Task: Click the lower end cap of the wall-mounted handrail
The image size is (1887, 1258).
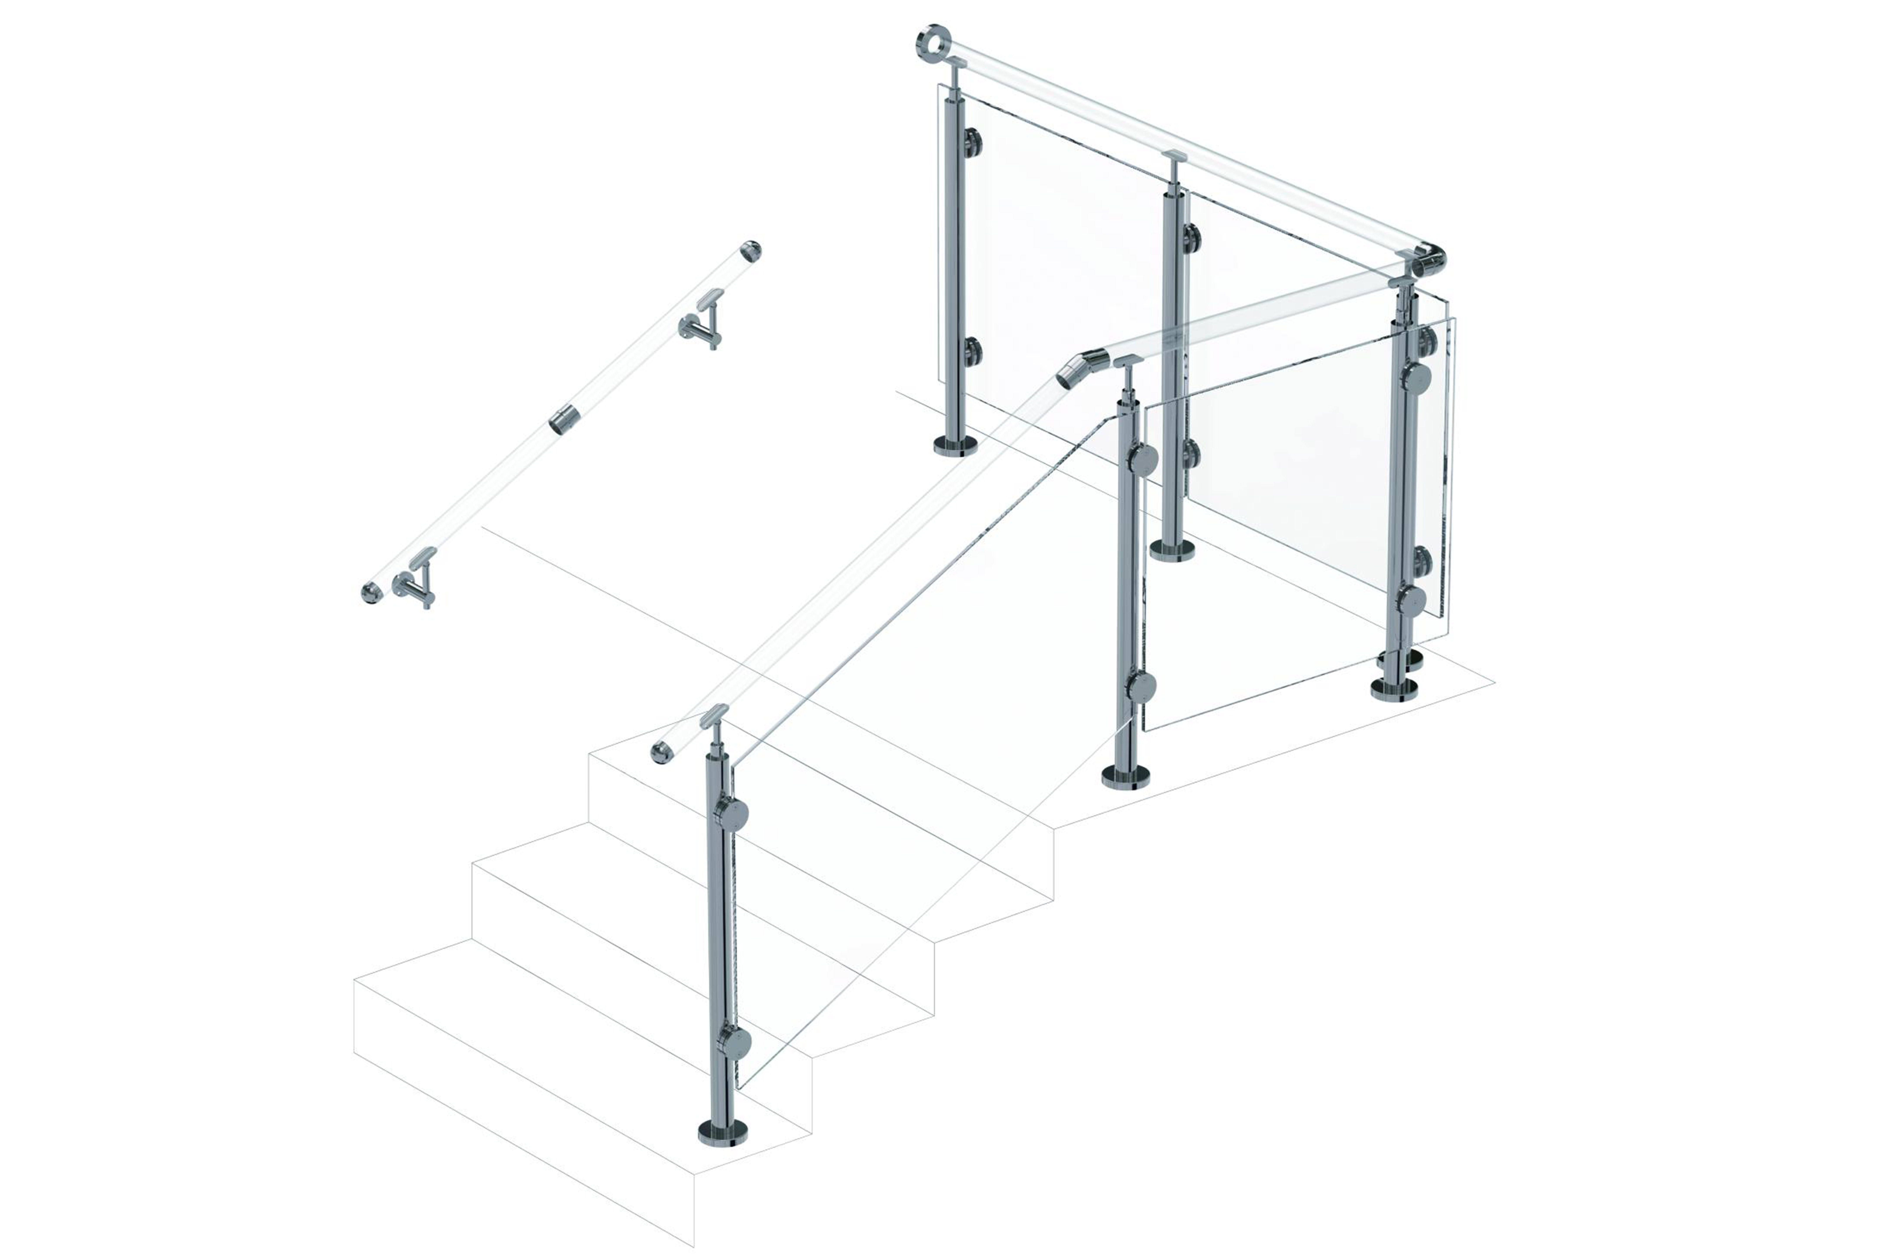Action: pyautogui.click(x=371, y=593)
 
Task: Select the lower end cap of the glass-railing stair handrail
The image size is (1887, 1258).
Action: pyautogui.click(x=661, y=752)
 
